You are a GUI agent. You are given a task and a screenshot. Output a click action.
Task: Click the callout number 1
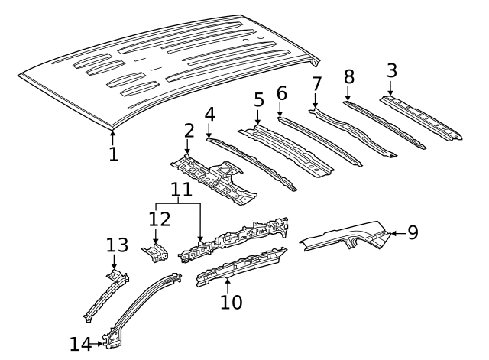coord(113,155)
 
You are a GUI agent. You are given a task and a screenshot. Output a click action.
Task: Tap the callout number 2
coord(189,131)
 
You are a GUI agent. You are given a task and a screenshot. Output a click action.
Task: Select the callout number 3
coord(391,71)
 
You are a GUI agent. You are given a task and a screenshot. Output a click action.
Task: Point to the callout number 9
coord(413,232)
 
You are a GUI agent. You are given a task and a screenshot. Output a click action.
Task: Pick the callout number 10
coord(231,302)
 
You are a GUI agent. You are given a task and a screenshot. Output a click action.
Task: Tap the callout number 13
coord(116,245)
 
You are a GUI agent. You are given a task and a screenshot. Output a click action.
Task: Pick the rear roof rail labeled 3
coord(424,118)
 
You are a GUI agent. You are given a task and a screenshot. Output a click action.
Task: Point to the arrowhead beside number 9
coord(393,232)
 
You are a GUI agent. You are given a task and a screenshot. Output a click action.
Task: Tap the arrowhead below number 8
coord(348,99)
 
